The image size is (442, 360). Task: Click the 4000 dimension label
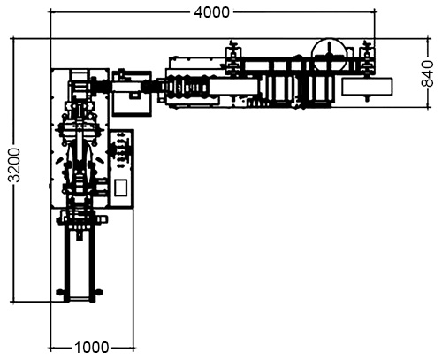click(211, 12)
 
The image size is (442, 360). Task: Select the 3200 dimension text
click(14, 165)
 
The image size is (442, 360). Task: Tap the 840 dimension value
click(427, 73)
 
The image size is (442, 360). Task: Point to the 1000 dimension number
click(92, 348)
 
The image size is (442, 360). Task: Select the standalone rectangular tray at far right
click(367, 87)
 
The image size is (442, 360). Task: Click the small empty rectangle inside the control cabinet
click(121, 188)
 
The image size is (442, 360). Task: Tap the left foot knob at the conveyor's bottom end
click(60, 293)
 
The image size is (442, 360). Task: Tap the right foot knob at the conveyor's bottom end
click(99, 293)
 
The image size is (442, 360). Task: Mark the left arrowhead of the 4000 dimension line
click(51, 12)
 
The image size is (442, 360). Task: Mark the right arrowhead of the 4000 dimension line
click(375, 12)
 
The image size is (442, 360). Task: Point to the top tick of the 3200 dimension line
click(13, 38)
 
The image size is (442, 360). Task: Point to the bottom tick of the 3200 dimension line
click(13, 302)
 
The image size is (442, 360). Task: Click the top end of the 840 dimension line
click(428, 38)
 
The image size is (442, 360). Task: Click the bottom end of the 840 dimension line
click(428, 107)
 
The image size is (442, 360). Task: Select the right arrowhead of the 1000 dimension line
click(133, 349)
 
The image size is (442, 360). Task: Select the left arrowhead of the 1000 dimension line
click(51, 349)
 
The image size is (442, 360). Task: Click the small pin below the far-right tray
click(367, 98)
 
